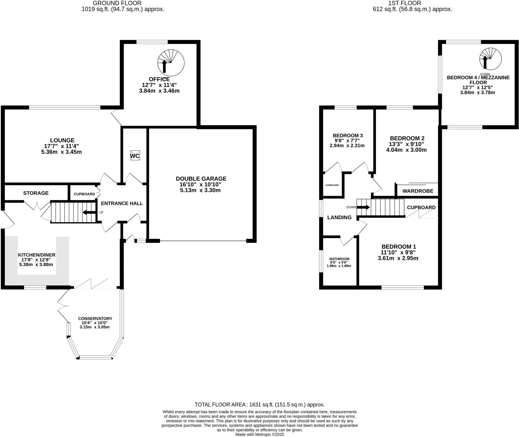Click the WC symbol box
coord(135,156)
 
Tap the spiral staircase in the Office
coord(171,63)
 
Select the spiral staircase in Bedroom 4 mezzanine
coord(490,59)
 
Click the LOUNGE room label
coord(62,140)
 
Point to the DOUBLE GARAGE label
coord(201,179)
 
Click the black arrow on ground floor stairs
coord(89,212)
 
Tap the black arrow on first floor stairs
coord(363,207)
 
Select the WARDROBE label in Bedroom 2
coord(418,191)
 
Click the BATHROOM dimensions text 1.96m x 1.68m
coord(339,266)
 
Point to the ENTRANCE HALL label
coord(122,203)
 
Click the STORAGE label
coord(36,193)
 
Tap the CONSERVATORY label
coord(95,318)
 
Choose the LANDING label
coord(339,217)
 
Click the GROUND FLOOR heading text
coord(117,3)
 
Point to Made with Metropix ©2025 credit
coord(259,434)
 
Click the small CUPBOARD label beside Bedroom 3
coord(332,185)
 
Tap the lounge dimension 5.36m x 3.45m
coord(62,152)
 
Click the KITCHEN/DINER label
coord(36,255)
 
